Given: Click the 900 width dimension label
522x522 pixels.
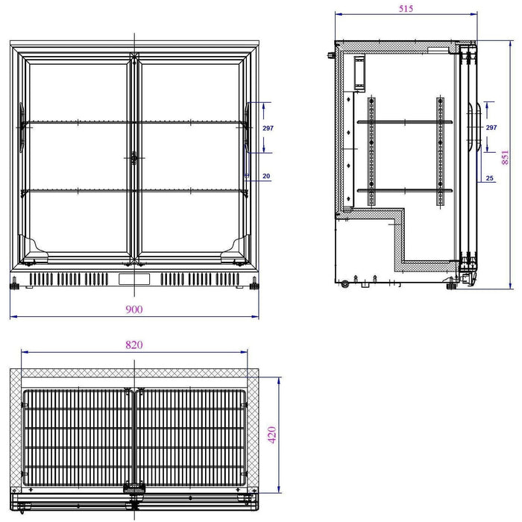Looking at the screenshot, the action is (x=134, y=309).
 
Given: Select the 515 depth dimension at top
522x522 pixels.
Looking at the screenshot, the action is (x=406, y=9).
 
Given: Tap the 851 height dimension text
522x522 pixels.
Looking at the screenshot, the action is (x=505, y=157).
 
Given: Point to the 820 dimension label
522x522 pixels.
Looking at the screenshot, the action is (x=134, y=345).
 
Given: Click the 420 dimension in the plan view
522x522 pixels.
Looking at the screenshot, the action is (x=272, y=435).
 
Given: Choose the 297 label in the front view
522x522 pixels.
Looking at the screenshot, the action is (x=268, y=128).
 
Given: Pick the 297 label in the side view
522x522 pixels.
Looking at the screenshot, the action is (x=491, y=128).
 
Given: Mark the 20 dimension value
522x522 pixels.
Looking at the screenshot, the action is (x=266, y=176).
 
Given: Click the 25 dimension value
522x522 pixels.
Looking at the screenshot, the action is (x=489, y=178).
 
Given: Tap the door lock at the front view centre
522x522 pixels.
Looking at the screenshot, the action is (x=134, y=158).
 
